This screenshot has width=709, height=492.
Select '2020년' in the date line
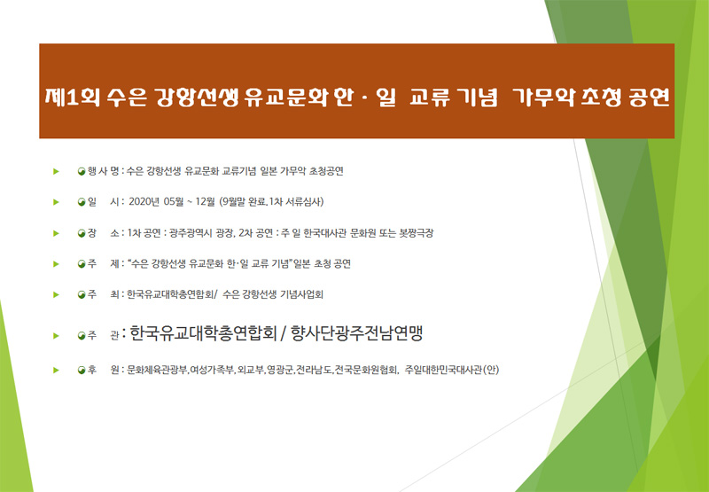144,202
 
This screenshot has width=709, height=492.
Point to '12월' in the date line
206,202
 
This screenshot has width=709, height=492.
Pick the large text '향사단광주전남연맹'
357,333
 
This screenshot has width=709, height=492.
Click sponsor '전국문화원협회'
366,371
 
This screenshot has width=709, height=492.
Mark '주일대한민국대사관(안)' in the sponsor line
452,371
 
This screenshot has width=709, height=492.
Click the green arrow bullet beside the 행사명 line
56,171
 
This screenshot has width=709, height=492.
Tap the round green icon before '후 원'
82,371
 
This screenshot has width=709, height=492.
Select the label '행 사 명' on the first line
104,171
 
